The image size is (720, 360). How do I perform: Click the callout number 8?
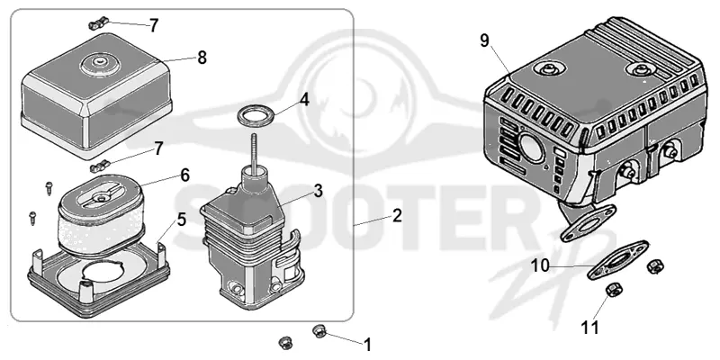(202, 58)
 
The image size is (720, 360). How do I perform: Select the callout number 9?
(485, 40)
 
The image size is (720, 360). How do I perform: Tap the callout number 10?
(540, 265)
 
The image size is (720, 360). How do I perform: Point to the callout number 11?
(589, 328)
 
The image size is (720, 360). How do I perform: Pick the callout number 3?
(319, 191)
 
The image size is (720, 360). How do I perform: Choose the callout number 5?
(182, 220)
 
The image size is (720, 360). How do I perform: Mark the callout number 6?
(184, 175)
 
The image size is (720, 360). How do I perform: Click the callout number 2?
(397, 215)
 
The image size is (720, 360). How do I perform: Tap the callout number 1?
(367, 345)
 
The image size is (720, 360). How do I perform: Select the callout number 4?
(305, 101)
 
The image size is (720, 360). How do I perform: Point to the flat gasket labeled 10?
(618, 259)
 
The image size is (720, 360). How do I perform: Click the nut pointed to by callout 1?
(319, 330)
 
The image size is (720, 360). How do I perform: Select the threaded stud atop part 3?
(254, 150)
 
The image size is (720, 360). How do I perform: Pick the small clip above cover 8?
(99, 22)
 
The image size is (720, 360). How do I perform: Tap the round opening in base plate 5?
(101, 274)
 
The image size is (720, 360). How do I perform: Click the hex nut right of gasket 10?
(653, 266)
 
